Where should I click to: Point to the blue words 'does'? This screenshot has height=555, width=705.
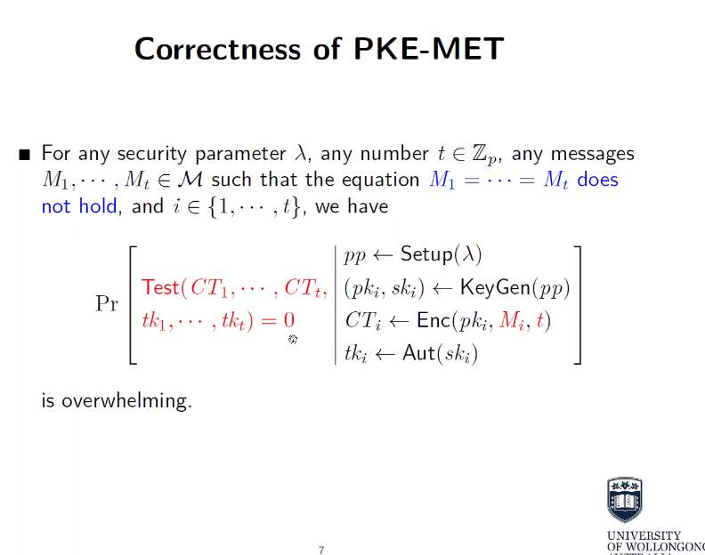click(x=597, y=180)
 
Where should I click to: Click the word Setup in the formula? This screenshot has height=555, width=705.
click(x=425, y=254)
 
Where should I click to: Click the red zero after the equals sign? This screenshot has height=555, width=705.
click(x=288, y=320)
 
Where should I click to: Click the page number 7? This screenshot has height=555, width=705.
click(x=321, y=550)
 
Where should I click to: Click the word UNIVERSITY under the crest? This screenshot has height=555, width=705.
click(x=643, y=536)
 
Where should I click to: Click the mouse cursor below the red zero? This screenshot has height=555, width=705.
click(x=293, y=339)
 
